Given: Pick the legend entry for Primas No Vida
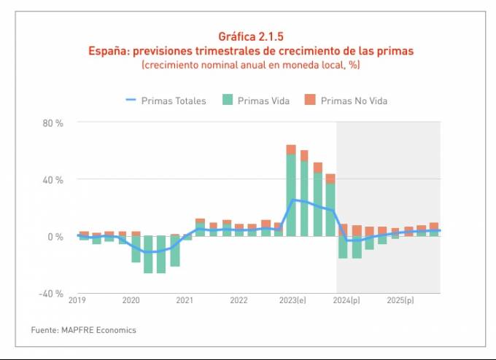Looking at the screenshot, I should click(x=346, y=101).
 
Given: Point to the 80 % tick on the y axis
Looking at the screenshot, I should click(x=53, y=123).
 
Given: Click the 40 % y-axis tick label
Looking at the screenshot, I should click(x=53, y=180).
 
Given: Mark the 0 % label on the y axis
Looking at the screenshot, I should click(x=56, y=237).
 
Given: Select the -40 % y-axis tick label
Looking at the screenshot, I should click(x=52, y=294).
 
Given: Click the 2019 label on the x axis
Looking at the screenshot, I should click(x=77, y=300).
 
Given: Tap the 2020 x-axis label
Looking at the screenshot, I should click(x=131, y=300).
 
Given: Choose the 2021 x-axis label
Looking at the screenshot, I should click(x=185, y=300).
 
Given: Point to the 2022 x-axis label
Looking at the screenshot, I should click(x=239, y=300).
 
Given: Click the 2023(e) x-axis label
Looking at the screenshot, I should click(x=292, y=300).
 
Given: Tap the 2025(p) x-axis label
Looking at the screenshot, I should click(x=400, y=300).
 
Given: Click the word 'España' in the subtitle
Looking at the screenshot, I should click(x=108, y=51).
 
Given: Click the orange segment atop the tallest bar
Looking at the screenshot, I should click(x=291, y=149).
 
